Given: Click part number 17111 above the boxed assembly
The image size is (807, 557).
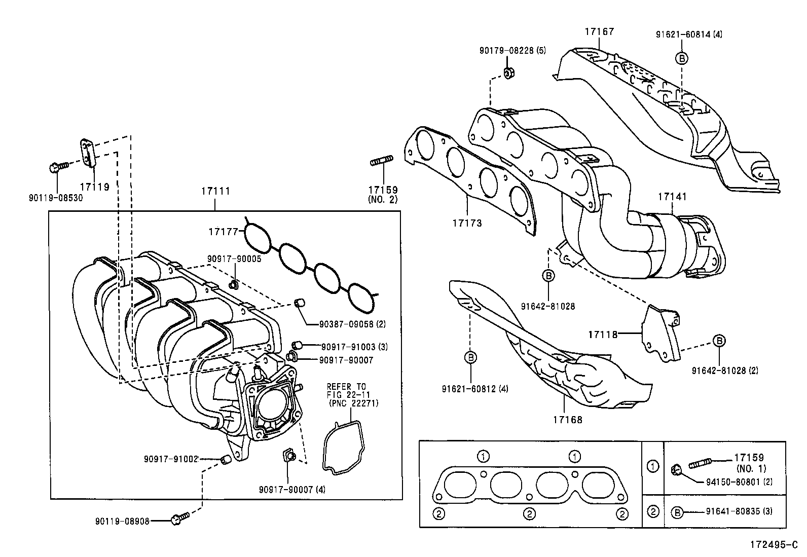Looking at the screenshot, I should click(x=215, y=191).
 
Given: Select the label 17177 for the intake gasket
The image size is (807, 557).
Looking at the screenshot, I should click(x=223, y=232).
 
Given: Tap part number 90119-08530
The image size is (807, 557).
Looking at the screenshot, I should click(x=56, y=198).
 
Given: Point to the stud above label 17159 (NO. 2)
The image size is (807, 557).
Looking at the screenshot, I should click(x=381, y=162).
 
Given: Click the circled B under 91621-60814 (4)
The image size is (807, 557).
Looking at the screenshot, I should click(x=682, y=58).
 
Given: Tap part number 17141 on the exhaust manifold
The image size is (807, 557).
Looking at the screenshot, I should click(x=672, y=196).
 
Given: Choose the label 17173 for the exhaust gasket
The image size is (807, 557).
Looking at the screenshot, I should click(x=467, y=223).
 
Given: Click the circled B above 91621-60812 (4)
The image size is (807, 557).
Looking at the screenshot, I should click(x=470, y=358).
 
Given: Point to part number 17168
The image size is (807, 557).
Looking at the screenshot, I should click(x=568, y=420).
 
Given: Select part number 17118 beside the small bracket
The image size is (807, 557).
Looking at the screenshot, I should click(x=603, y=335).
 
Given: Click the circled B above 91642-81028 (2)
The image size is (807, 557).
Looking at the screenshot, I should click(x=719, y=341).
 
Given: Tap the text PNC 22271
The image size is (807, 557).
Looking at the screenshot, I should click(x=353, y=403).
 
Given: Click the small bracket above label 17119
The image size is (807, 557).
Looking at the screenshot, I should click(x=88, y=152).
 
